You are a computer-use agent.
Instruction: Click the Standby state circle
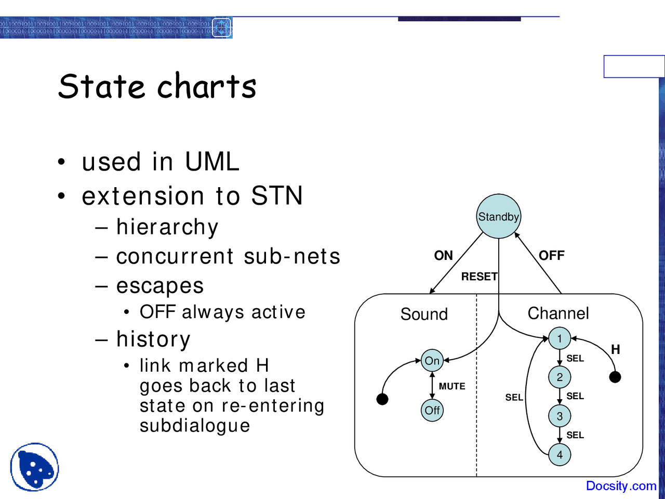coord(499,216)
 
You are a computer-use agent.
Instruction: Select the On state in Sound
coord(432,361)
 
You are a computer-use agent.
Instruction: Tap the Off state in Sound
coord(432,410)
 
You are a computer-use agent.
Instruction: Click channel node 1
coord(560,338)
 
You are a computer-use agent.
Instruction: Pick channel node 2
coord(560,377)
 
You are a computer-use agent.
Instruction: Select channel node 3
coord(560,416)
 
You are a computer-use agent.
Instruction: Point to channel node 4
coord(560,455)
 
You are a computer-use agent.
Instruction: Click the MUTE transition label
coord(452,386)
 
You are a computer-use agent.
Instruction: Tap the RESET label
coord(479,277)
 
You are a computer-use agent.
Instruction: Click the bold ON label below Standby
coord(444,255)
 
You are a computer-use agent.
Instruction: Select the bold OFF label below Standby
coord(551,255)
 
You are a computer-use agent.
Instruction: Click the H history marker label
coord(616,349)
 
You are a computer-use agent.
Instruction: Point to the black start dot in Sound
coord(382,399)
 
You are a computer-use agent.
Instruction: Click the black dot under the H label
coord(615,377)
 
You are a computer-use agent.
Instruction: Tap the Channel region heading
coord(558,313)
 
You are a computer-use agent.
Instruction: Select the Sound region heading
coord(424,314)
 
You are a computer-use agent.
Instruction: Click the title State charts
coord(157,86)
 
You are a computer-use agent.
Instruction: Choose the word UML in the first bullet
coord(212,162)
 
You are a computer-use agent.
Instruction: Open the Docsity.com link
coord(621,485)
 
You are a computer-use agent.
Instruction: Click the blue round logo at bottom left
coord(34,467)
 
